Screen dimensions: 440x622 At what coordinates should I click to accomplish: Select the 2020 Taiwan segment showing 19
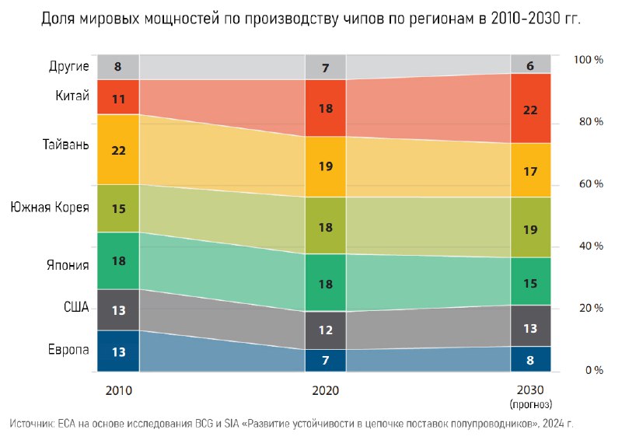pyautogui.click(x=326, y=166)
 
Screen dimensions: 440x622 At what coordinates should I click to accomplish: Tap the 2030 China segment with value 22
pyautogui.click(x=530, y=109)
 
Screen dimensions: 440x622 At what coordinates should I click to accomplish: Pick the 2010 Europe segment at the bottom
pyautogui.click(x=118, y=351)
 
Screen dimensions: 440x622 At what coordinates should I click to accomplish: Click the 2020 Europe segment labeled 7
pyautogui.click(x=326, y=360)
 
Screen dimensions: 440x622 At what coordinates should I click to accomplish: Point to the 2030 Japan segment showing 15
pyautogui.click(x=530, y=281)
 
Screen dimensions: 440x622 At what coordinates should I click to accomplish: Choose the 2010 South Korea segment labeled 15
pyautogui.click(x=118, y=208)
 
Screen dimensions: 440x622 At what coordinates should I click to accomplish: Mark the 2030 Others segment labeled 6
pyautogui.click(x=530, y=65)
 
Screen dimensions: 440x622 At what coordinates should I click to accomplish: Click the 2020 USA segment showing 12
pyautogui.click(x=326, y=330)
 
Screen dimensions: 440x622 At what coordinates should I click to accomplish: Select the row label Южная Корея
pyautogui.click(x=49, y=208)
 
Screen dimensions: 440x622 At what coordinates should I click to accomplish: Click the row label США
pyautogui.click(x=75, y=309)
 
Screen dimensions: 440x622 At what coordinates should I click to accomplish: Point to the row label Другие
pyautogui.click(x=68, y=67)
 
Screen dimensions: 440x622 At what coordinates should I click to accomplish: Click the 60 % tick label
pyautogui.click(x=587, y=184)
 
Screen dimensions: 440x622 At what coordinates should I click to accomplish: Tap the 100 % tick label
pyautogui.click(x=587, y=60)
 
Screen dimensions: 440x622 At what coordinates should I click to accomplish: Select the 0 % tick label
pyautogui.click(x=593, y=371)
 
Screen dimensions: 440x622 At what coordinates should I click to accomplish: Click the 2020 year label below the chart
pyautogui.click(x=326, y=390)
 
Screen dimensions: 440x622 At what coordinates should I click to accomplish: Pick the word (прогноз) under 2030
pyautogui.click(x=530, y=404)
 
